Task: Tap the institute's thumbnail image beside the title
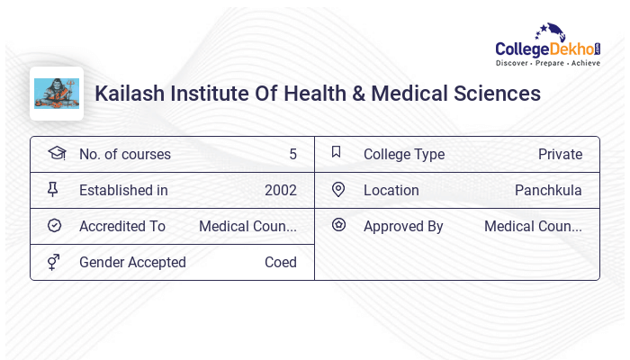coord(57,94)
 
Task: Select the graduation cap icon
coord(56,153)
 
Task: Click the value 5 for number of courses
coord(292,154)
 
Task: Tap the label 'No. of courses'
coord(125,154)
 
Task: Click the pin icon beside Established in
coord(53,189)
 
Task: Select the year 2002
coord(281,190)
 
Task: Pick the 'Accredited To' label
coord(122,226)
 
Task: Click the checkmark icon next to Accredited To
coord(54,226)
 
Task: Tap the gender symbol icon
coord(54,262)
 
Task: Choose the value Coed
coord(281,262)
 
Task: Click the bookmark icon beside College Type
coord(337,152)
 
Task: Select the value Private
coord(560,154)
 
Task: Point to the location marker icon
coord(338,189)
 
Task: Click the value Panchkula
coord(548,190)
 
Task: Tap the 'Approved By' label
coord(403,226)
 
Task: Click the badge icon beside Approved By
coord(338,225)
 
